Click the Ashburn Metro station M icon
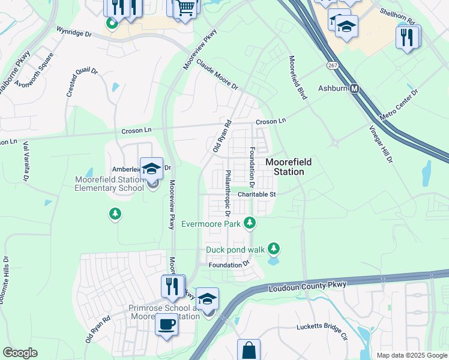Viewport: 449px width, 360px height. (355, 88)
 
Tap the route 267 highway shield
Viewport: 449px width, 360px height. (331, 64)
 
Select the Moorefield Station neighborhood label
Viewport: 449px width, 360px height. (285, 167)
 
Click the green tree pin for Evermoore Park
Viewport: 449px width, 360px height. (250, 224)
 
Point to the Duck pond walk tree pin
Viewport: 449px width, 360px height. (274, 248)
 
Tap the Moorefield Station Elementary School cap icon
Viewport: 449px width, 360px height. (152, 169)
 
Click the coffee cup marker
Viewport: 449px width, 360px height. (166, 325)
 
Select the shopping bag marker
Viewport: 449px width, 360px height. (249, 350)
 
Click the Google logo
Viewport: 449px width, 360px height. (20, 353)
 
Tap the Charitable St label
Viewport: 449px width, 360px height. (256, 194)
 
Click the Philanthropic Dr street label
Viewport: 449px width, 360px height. (228, 193)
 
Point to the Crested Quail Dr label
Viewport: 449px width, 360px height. (82, 83)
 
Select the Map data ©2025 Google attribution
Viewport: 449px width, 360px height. (411, 355)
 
